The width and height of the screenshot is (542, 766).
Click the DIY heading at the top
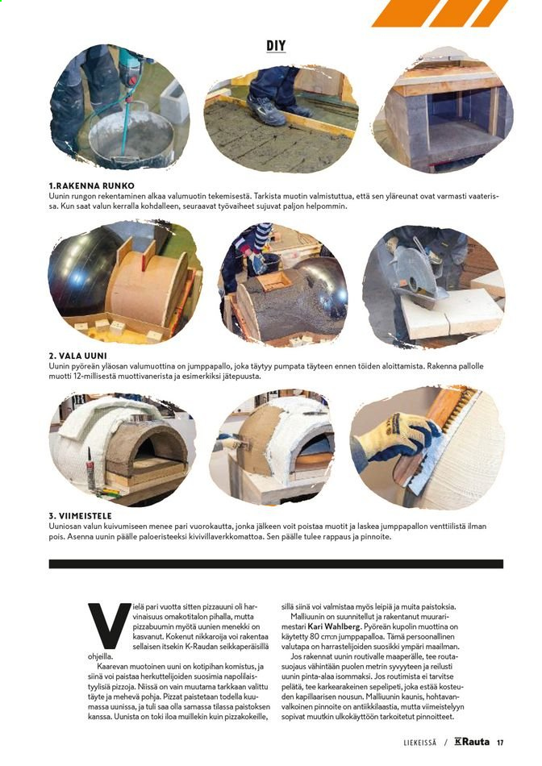276,46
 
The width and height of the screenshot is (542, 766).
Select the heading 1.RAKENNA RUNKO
91,186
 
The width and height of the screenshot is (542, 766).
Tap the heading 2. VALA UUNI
77,356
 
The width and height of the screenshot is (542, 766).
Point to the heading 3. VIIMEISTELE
80,516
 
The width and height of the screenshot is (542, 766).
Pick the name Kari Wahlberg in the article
334,627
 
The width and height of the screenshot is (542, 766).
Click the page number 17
500,743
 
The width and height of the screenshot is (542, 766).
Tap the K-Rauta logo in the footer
472,742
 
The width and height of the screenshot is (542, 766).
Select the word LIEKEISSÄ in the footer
420,743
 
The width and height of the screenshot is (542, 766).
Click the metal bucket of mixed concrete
131,136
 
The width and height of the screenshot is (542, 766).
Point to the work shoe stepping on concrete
265,110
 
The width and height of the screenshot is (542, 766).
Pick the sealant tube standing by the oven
91,473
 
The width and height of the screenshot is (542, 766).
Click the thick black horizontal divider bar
276,564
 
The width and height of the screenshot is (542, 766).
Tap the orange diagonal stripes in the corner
439,13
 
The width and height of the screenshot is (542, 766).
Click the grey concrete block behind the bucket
174,102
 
